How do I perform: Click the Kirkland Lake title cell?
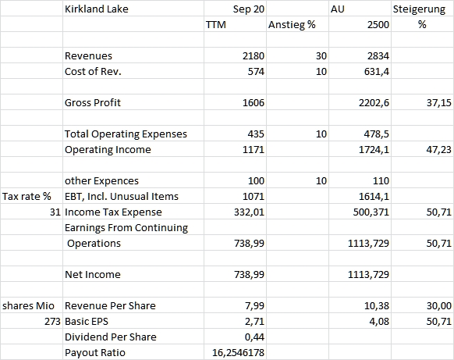coord(97,9)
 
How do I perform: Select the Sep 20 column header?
coord(248,9)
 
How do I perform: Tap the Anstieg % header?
coord(292,25)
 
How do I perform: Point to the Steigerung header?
coord(419,9)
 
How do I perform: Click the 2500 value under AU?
coord(378,25)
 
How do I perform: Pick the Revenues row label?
coord(88,56)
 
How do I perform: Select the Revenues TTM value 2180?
coord(254,56)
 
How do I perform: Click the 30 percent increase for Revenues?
coord(321,56)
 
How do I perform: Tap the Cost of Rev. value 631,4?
coord(377,72)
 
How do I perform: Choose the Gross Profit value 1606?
coord(254,103)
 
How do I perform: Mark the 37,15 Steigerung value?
coord(438,103)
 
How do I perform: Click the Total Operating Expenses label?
coord(126,134)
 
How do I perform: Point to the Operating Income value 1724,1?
coord(374,150)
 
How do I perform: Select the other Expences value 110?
coord(381,181)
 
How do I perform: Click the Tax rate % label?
coord(27,197)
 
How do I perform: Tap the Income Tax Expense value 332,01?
coord(249,212)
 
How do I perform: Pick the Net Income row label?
coord(93,275)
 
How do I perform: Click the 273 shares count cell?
coord(52,322)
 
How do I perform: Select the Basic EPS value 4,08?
coord(379,322)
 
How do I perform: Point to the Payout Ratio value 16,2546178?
coord(238,353)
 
